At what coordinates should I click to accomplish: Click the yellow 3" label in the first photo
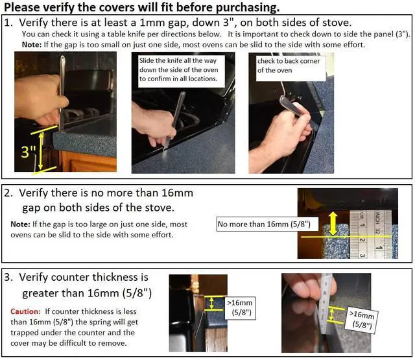(x=28, y=151)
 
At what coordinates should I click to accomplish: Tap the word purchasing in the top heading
(x=248, y=7)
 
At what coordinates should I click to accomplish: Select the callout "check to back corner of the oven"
(x=290, y=67)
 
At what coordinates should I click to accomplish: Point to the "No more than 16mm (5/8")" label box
(x=264, y=224)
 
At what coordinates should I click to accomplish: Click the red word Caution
(x=25, y=311)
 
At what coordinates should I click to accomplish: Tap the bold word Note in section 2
(x=20, y=224)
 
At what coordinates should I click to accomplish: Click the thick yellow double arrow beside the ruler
(x=333, y=224)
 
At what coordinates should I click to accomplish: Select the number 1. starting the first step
(x=8, y=23)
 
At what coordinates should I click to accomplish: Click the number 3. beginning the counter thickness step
(x=8, y=277)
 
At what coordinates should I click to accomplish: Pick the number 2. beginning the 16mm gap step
(x=8, y=193)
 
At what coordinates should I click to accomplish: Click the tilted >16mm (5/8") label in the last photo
(x=362, y=320)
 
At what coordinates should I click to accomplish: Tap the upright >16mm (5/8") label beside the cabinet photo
(x=241, y=308)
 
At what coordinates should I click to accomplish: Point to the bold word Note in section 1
(x=32, y=45)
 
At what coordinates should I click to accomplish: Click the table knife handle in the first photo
(x=62, y=93)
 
